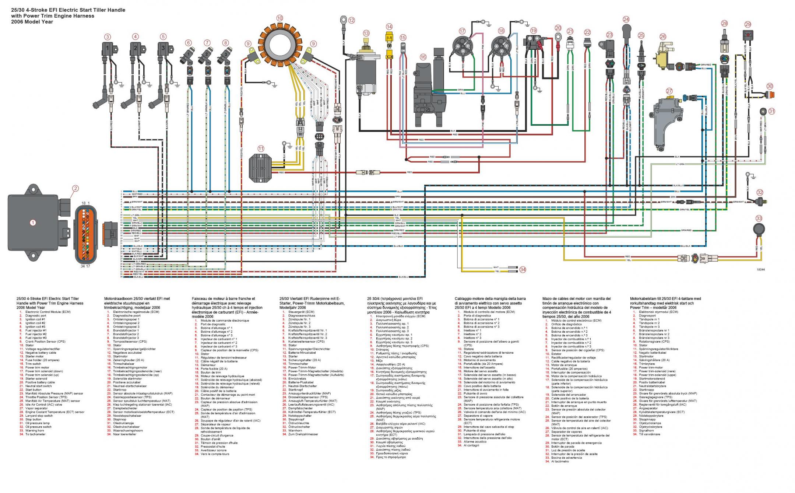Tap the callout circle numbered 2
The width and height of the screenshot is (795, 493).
(75, 189)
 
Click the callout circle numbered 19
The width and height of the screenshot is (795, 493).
(534, 31)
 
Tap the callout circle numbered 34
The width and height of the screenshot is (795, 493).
(523, 270)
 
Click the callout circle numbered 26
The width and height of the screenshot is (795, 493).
(663, 36)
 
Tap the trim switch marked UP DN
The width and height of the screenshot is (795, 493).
(403, 48)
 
